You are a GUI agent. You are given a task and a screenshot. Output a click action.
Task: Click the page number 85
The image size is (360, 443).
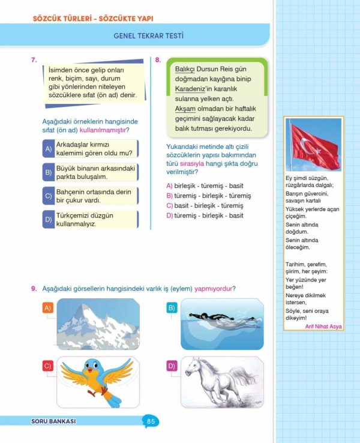(x=151, y=421)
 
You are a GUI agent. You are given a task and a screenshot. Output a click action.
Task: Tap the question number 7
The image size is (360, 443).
(x=34, y=59)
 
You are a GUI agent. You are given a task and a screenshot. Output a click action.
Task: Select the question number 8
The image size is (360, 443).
(x=157, y=59)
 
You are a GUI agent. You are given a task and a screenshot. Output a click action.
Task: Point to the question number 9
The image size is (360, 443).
(x=34, y=289)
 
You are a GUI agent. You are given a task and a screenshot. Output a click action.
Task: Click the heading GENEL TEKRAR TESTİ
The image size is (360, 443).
(x=148, y=36)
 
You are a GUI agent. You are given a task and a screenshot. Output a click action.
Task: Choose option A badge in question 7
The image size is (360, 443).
(x=48, y=148)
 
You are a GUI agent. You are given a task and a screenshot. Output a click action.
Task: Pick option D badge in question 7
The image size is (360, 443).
(x=48, y=220)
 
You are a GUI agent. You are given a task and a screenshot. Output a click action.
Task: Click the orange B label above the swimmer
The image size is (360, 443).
(x=172, y=309)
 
